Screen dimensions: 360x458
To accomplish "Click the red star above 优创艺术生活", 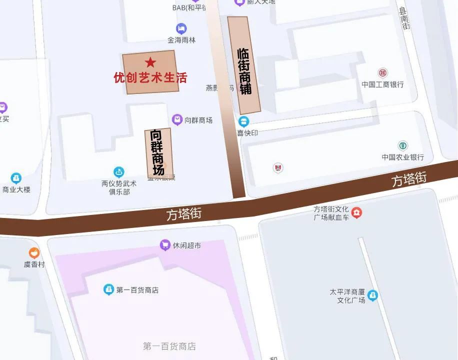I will [150, 62].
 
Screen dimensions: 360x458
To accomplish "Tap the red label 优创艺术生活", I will [150, 78].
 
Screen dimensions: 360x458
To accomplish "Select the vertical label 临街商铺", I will [244, 71].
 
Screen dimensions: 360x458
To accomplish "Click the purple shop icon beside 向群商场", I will [177, 119].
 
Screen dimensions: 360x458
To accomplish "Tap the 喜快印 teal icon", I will [243, 121].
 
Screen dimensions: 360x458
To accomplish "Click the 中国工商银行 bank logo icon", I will [382, 73].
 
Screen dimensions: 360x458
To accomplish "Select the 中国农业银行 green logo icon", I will [402, 145].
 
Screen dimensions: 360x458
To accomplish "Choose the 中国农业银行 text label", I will [402, 157].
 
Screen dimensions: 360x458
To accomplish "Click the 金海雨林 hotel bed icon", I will [181, 28].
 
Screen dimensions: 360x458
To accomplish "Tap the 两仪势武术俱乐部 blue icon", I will [118, 172].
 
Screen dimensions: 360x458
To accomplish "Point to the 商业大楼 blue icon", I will [16, 178].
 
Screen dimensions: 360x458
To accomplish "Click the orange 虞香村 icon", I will [34, 253].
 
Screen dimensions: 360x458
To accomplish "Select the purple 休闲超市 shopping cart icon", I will [164, 245].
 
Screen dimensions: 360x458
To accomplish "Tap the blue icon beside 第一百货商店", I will [108, 289].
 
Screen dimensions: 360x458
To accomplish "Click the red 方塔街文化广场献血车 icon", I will [356, 213].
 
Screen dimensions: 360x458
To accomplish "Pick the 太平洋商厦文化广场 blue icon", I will [372, 295].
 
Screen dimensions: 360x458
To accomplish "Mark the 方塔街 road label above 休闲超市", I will [184, 214].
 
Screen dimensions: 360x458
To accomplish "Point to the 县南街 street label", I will [404, 18].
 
